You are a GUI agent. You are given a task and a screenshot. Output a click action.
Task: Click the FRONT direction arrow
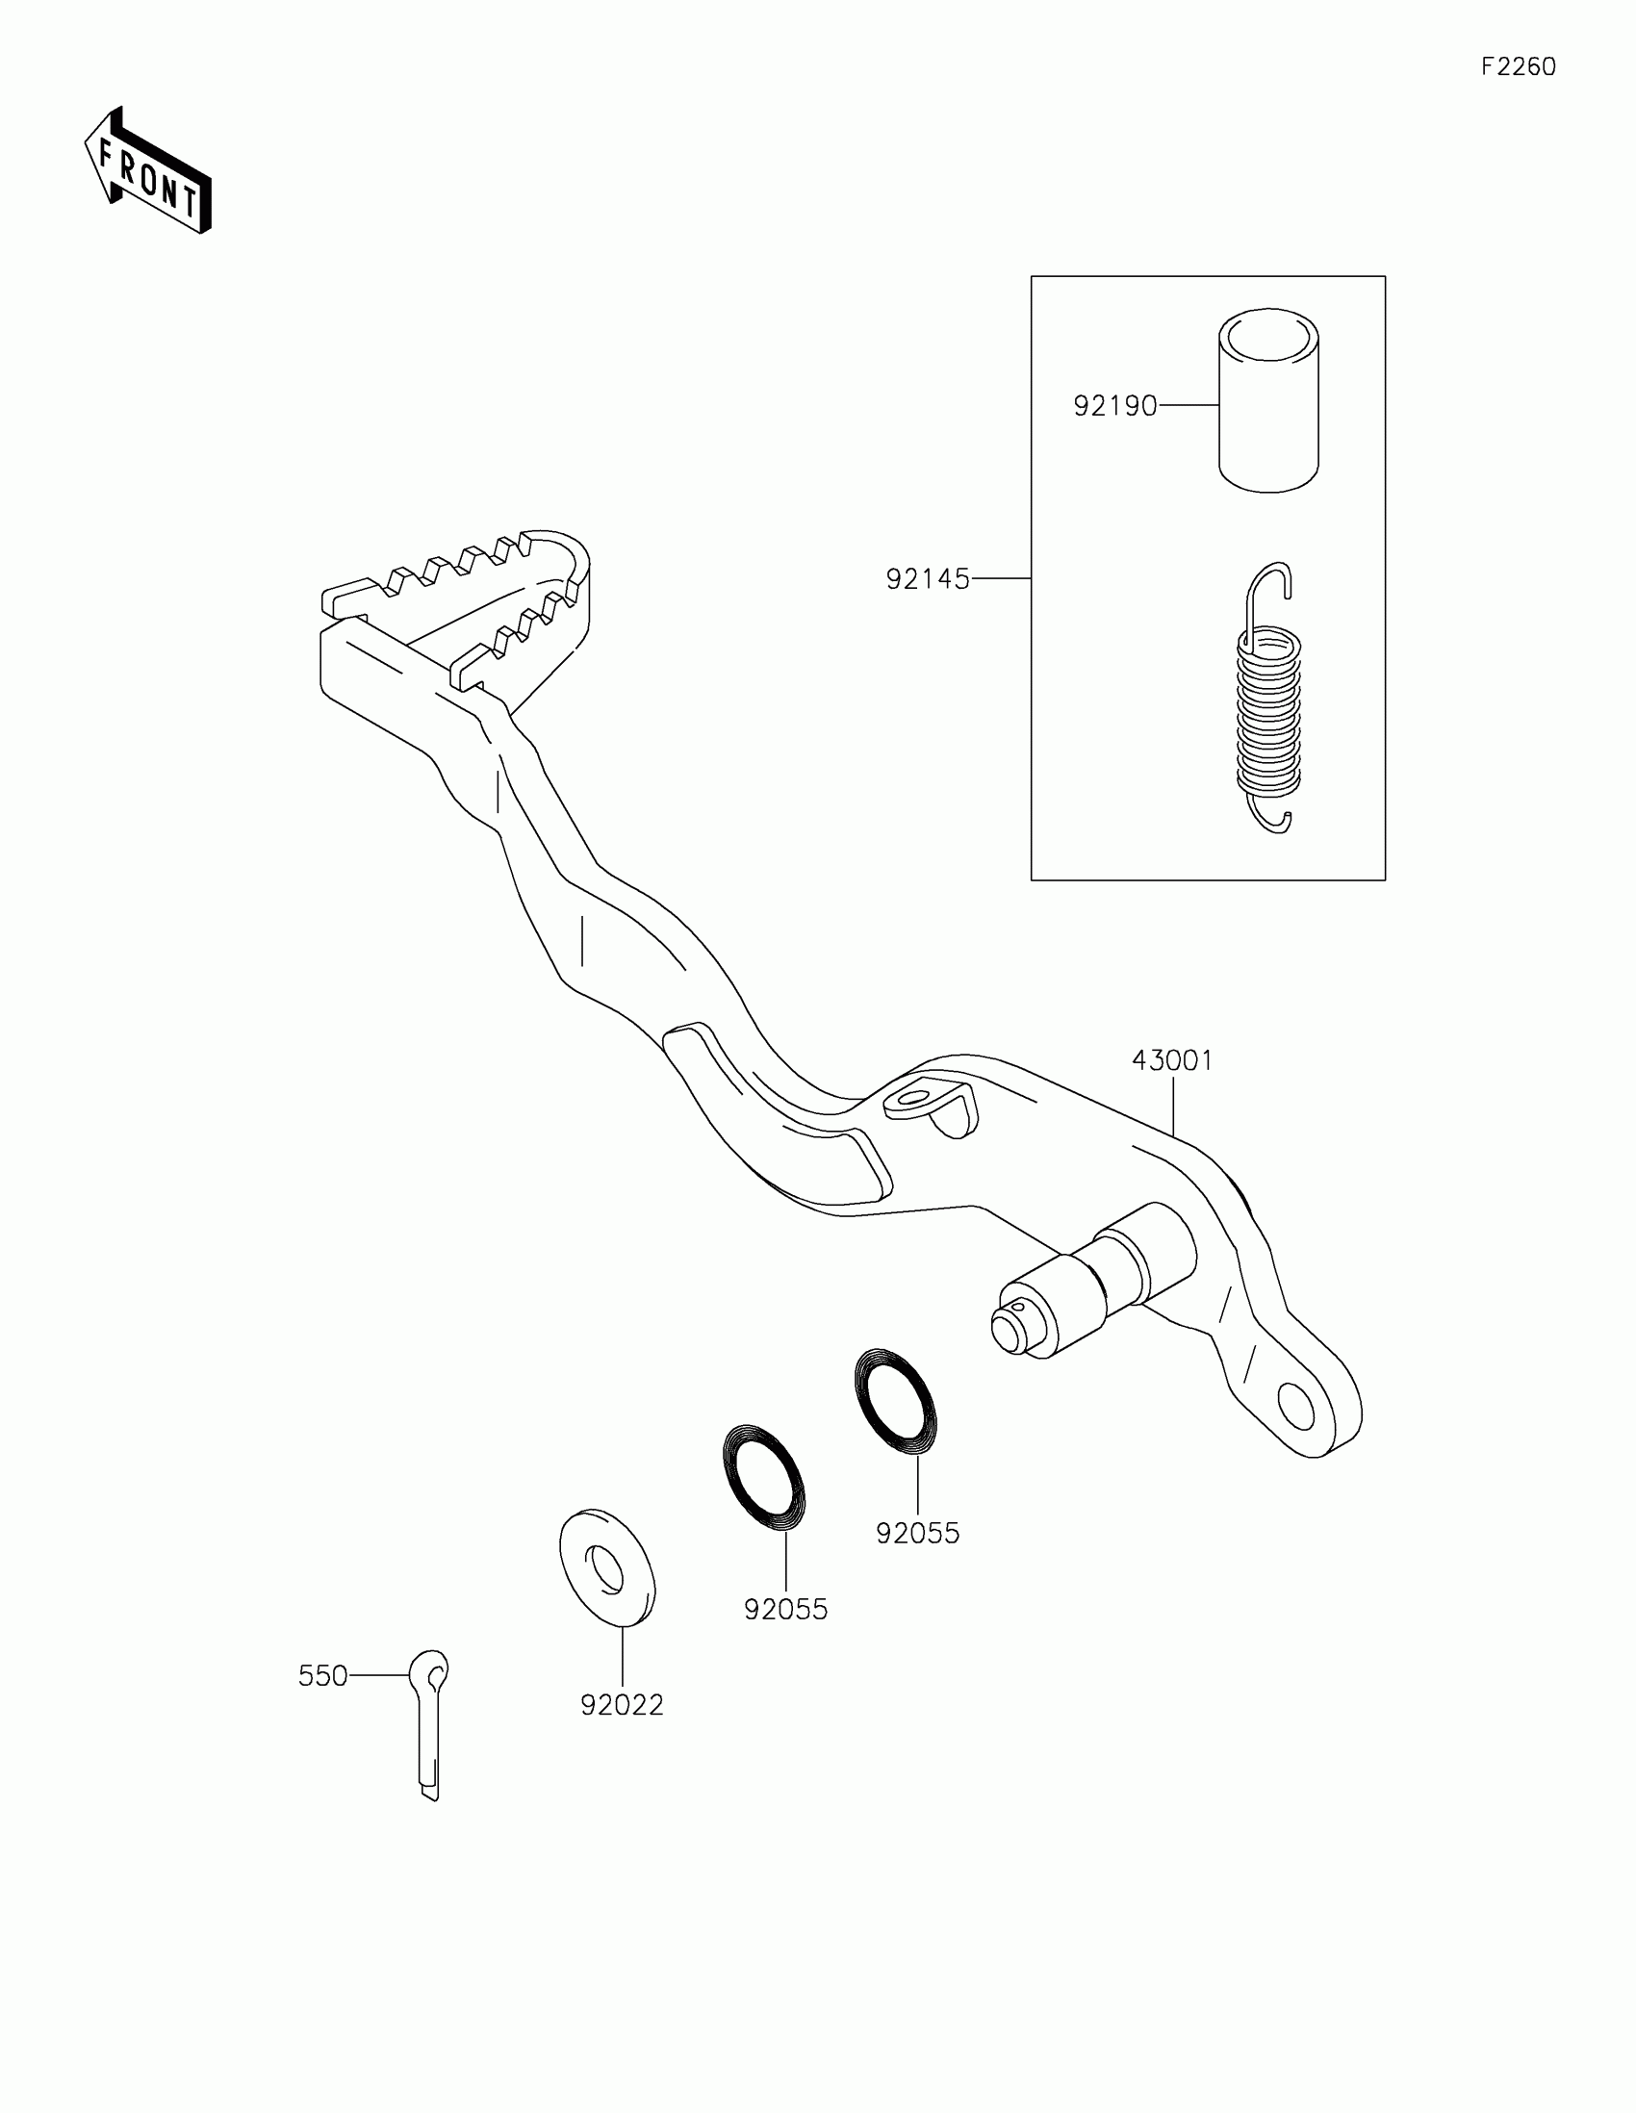(x=148, y=170)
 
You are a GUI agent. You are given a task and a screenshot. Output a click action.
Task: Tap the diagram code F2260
(x=1518, y=66)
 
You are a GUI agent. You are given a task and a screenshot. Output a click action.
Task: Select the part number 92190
(x=1114, y=406)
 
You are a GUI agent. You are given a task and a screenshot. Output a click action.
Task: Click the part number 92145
(x=927, y=579)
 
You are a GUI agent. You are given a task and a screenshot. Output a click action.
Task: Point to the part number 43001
(x=1171, y=1060)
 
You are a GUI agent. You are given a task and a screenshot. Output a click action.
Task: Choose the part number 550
(x=322, y=1676)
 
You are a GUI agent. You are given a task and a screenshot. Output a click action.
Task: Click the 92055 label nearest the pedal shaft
(x=917, y=1534)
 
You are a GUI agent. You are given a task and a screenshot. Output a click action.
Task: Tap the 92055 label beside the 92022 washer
(x=785, y=1610)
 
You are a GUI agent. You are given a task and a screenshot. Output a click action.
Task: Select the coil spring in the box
(x=1269, y=706)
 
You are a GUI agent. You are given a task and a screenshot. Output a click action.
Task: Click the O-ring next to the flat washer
(x=764, y=1477)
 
